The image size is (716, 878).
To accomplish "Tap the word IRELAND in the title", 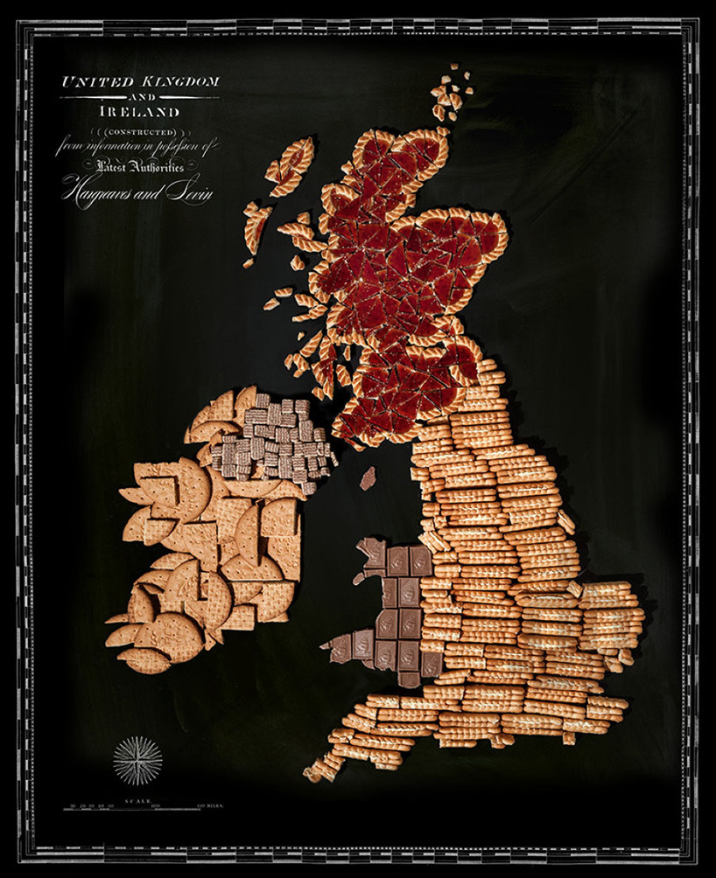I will click(x=140, y=112).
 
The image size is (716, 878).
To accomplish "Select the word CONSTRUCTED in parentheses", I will click(x=140, y=133).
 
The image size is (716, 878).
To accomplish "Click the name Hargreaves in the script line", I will click(x=98, y=192).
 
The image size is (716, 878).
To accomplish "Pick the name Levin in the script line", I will click(x=195, y=192).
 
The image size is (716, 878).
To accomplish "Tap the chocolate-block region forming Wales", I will click(x=390, y=612).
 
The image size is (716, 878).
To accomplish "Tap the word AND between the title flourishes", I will click(x=140, y=97).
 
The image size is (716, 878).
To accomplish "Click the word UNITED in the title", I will click(x=90, y=81).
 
